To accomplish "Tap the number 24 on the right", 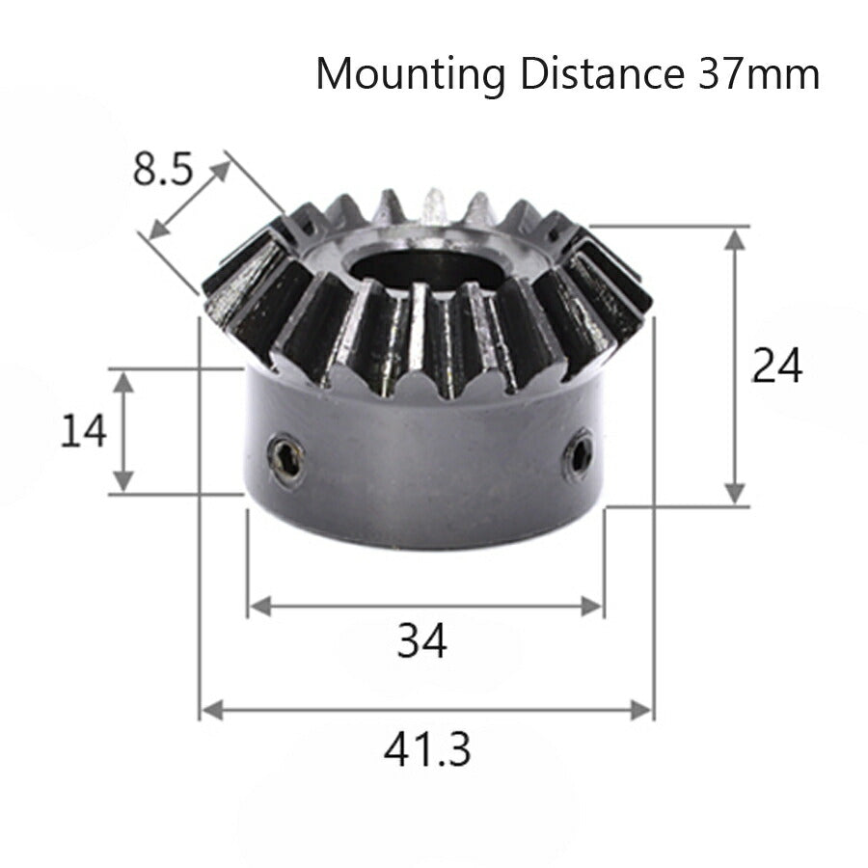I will (x=777, y=366).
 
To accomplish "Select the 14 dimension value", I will (x=84, y=431).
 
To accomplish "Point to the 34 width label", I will (x=422, y=640).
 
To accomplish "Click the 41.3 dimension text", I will (x=427, y=748).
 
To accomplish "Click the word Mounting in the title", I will (x=410, y=74).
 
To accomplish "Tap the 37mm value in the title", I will (x=755, y=74).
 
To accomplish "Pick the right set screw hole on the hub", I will (x=580, y=451).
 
